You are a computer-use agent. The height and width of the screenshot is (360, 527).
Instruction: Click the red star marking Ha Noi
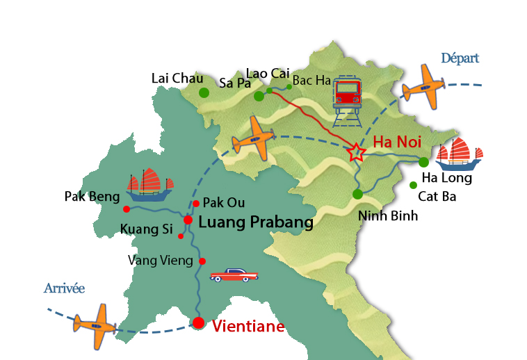[356, 153]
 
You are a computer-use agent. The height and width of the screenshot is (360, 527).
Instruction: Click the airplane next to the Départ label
[424, 88]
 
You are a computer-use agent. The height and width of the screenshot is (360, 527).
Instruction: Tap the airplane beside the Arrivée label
[95, 325]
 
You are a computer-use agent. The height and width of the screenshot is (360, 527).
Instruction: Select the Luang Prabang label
[256, 223]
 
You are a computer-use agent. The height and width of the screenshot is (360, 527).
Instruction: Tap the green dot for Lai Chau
[204, 92]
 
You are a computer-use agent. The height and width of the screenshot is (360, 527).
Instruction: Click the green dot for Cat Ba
[413, 185]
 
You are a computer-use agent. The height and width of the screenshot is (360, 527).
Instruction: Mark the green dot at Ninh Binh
[357, 195]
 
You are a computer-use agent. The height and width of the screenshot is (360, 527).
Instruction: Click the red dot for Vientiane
[199, 322]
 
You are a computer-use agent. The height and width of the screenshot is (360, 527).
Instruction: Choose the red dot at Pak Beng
[126, 208]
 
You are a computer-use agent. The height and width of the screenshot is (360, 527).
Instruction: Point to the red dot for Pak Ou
[196, 204]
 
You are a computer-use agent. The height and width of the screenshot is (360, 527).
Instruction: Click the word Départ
[460, 58]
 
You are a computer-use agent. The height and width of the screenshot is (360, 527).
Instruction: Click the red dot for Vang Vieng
[202, 261]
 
